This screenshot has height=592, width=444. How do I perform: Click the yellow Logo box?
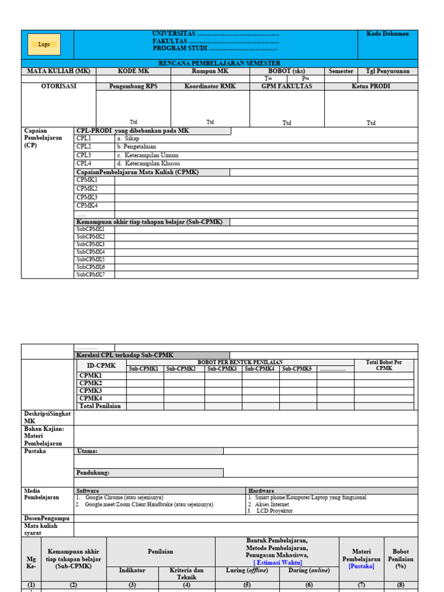coord(45,45)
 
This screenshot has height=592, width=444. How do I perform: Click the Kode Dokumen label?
coord(387,34)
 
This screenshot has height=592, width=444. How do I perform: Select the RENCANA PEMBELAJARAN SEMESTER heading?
coord(219,63)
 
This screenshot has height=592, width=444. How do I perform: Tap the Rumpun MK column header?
coord(210,71)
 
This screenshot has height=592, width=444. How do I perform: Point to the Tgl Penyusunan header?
coord(387,71)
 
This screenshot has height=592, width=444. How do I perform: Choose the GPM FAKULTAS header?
coord(287,86)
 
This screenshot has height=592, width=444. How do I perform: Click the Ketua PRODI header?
coord(371,86)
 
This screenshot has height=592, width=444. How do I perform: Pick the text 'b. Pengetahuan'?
coord(136,147)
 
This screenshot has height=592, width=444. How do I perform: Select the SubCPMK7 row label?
coord(91,275)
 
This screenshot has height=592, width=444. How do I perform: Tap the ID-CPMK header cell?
coord(101,365)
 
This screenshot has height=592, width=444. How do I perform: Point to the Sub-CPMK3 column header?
coord(223,368)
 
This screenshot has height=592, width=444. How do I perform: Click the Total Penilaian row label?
coord(100,406)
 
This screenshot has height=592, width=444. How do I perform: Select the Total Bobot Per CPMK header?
coord(384,365)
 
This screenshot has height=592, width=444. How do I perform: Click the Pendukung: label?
coord(93,472)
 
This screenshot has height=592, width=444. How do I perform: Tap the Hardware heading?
coord(261,490)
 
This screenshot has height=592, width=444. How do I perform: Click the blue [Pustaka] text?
coord(361,567)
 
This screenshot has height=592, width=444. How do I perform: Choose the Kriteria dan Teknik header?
coord(187,573)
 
